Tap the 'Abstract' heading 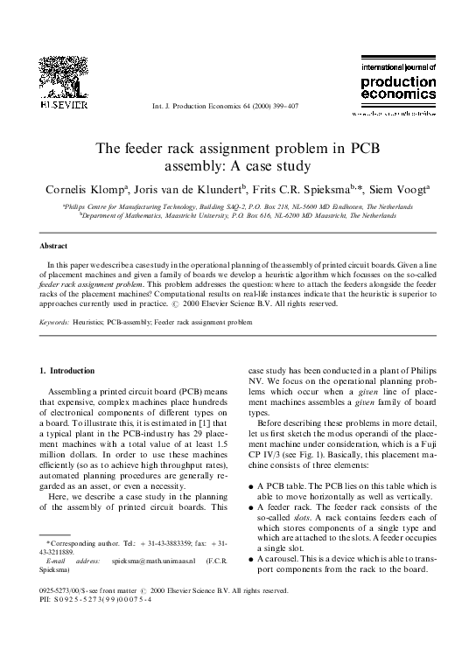59,246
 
